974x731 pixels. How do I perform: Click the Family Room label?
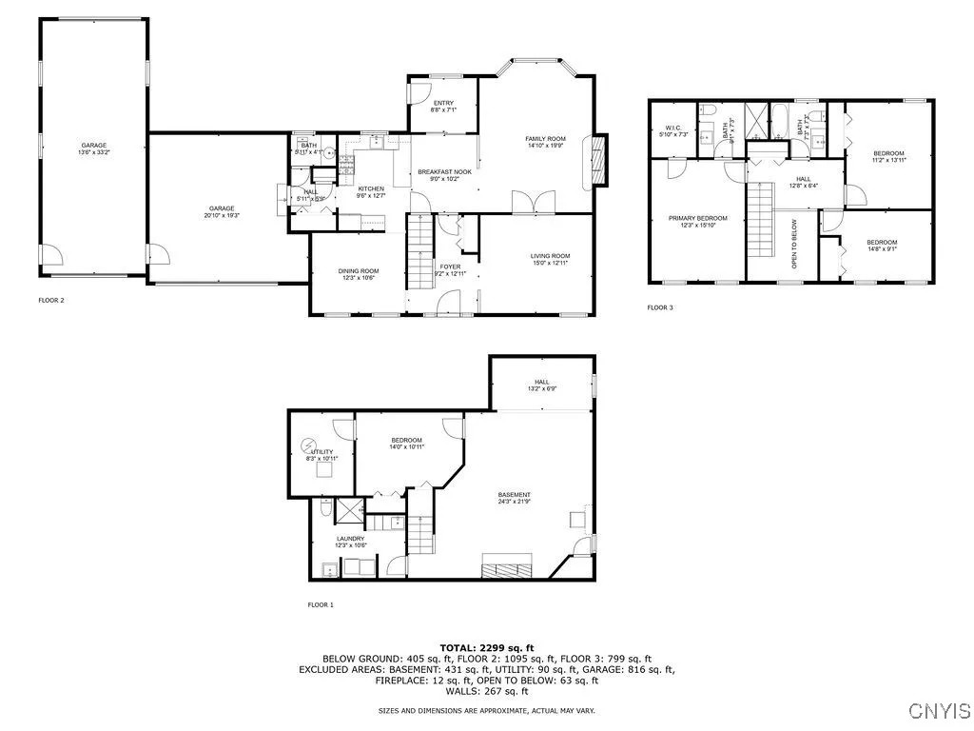click(545, 143)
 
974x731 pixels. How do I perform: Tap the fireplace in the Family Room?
click(596, 158)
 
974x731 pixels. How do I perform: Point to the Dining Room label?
click(359, 274)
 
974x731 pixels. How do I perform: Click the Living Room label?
click(550, 259)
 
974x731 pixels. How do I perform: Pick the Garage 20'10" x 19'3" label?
click(223, 212)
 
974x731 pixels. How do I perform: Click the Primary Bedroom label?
click(697, 222)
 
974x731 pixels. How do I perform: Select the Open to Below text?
click(795, 247)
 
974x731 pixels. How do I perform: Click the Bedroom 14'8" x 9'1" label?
click(881, 246)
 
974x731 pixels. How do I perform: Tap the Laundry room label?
click(350, 542)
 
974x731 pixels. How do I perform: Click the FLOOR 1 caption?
click(320, 604)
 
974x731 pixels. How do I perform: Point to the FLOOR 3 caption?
click(659, 307)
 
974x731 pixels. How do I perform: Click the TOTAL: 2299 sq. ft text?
click(486, 646)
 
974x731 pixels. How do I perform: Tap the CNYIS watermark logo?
click(939, 710)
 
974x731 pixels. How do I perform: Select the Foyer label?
click(449, 269)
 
